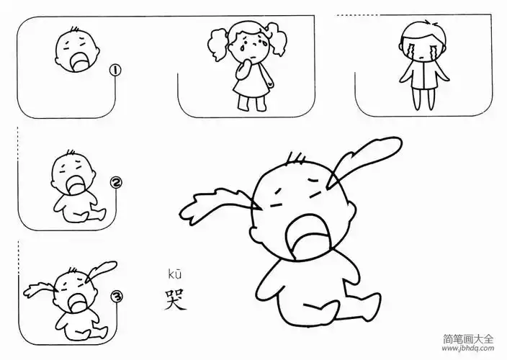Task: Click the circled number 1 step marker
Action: pos(114,71)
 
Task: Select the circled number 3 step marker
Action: pos(114,296)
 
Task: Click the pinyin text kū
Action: pos(175,273)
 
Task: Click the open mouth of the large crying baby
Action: pos(305,238)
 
